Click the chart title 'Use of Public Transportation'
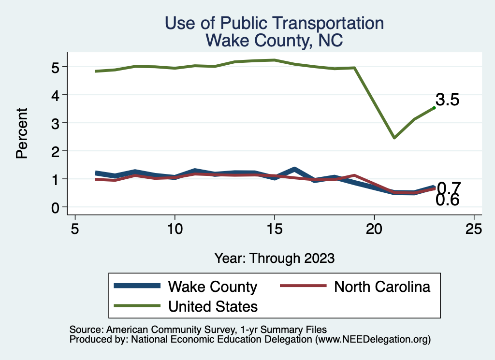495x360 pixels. coord(275,23)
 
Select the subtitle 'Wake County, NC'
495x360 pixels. coord(275,41)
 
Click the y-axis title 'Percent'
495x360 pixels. coord(21,140)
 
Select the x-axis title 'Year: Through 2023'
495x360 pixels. coord(275,258)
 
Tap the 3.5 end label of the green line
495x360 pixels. coord(447,100)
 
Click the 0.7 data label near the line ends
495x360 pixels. coord(449,187)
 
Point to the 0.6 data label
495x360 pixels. coord(447,200)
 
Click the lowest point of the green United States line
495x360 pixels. coord(394,138)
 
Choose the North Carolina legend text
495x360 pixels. coord(382,287)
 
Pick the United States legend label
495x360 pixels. coord(213,306)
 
